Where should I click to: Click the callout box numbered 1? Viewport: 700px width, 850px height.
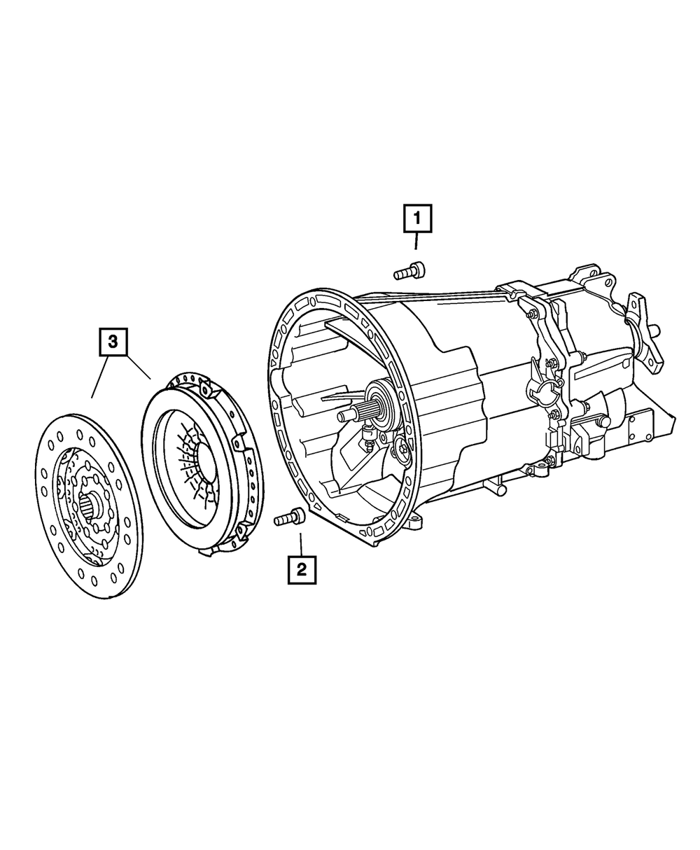(417, 218)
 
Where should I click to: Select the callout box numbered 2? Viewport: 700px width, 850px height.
(302, 570)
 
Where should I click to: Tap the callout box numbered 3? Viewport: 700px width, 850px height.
(113, 342)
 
